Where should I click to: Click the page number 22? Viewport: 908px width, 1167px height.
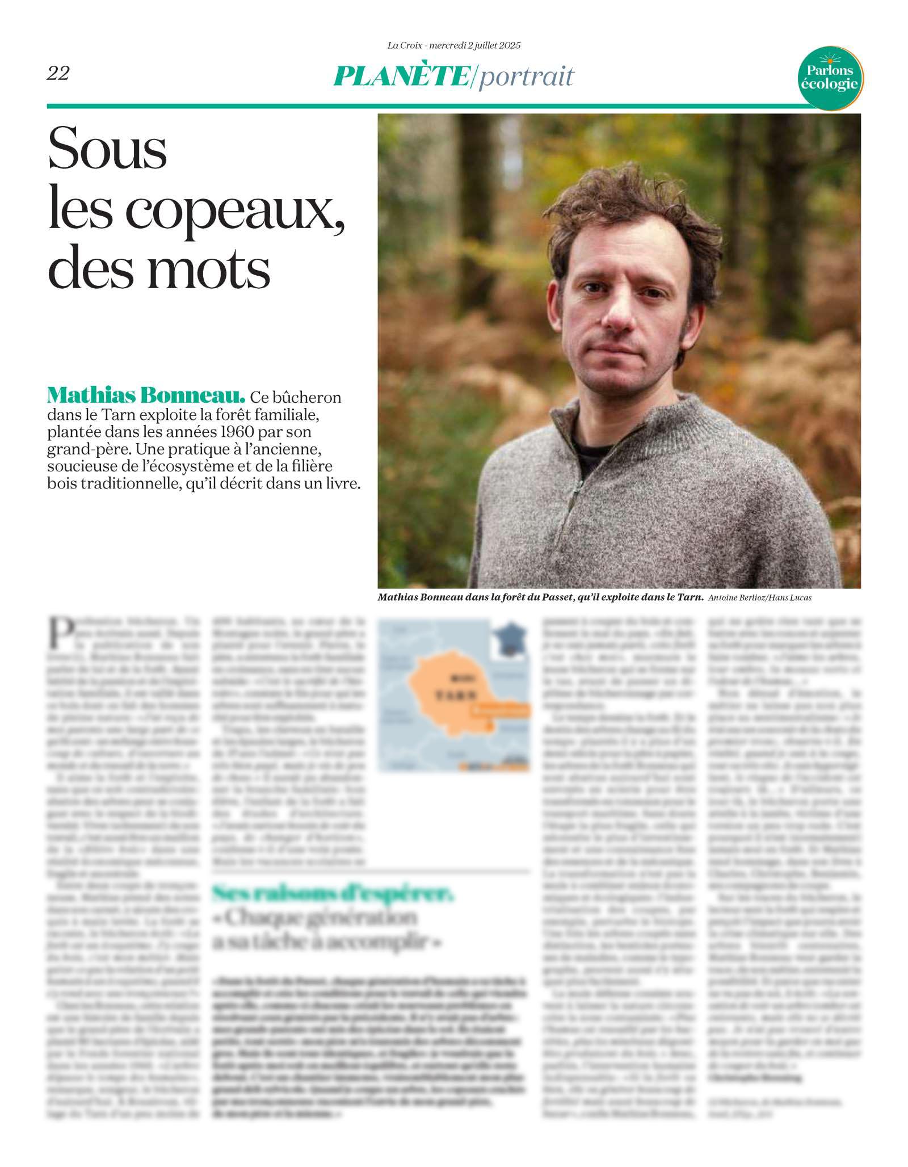[58, 73]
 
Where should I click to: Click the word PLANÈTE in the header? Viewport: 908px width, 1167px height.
[401, 76]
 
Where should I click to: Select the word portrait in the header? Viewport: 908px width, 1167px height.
[526, 77]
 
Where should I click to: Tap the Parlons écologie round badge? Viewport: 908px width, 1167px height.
[830, 77]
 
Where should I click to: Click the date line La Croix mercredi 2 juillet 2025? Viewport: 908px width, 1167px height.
[453, 45]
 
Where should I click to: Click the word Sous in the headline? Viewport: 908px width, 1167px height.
[108, 149]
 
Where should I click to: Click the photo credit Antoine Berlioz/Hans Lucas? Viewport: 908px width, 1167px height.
[759, 597]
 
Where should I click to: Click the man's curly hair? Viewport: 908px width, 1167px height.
[630, 204]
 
